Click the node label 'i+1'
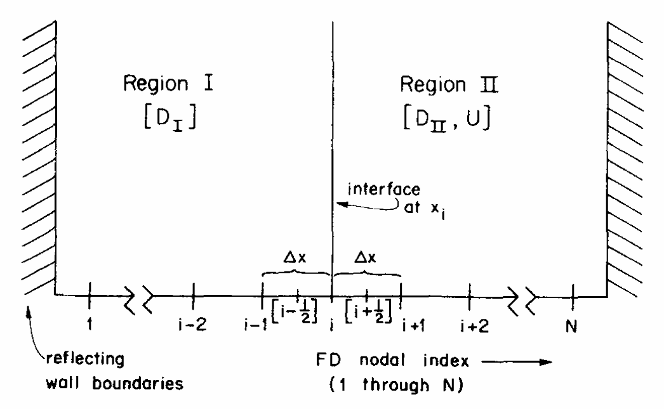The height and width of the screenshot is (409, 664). pos(413,325)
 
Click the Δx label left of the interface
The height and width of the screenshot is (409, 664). pos(297,259)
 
